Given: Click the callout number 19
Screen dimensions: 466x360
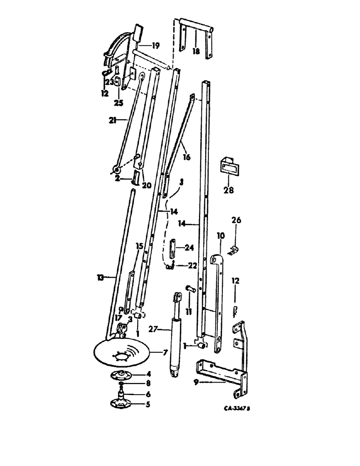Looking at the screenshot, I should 155,46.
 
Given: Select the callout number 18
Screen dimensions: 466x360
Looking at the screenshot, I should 195,52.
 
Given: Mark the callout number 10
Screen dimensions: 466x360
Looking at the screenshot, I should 221,236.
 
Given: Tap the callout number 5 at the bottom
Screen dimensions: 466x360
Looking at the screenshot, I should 148,404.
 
